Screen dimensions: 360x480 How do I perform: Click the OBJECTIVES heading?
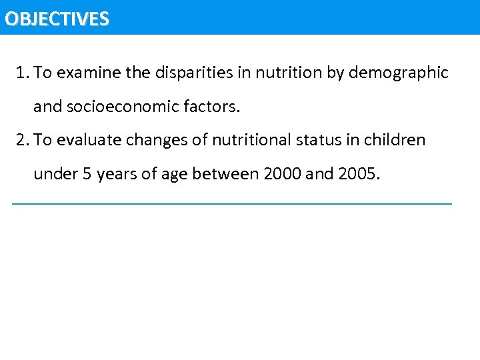pyautogui.click(x=56, y=18)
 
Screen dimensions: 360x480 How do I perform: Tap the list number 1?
pyautogui.click(x=23, y=73)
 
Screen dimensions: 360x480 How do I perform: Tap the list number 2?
pyautogui.click(x=23, y=140)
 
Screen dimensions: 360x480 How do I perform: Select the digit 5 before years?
pyautogui.click(x=87, y=175)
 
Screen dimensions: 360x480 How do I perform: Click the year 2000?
pyautogui.click(x=283, y=175)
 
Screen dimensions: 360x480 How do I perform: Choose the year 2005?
pyautogui.click(x=357, y=175)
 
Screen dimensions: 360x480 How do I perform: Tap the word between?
pyautogui.click(x=225, y=175)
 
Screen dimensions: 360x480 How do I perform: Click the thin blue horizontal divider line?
pyautogui.click(x=232, y=203)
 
